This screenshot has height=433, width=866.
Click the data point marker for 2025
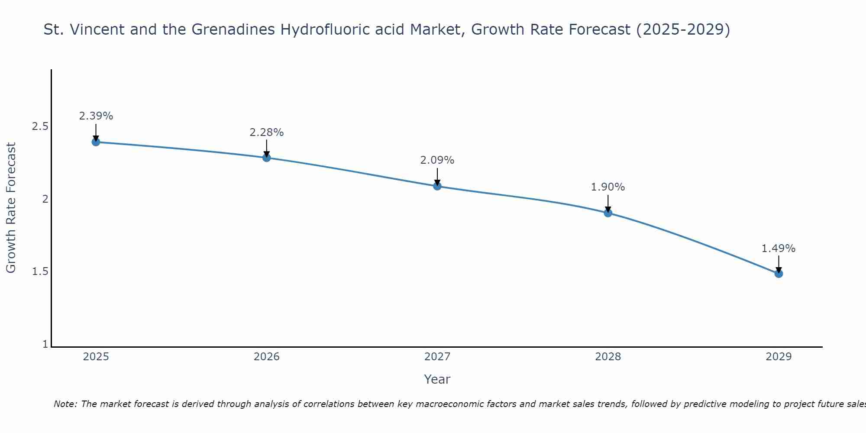click(96, 142)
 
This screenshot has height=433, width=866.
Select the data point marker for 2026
click(267, 158)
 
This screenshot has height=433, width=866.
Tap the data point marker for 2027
click(437, 186)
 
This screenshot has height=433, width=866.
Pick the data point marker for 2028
click(608, 213)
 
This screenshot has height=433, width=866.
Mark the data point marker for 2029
click(779, 274)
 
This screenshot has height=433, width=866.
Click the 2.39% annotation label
click(96, 116)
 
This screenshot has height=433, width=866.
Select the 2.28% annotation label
click(267, 132)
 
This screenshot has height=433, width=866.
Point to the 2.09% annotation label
click(437, 160)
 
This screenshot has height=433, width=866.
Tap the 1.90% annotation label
click(608, 187)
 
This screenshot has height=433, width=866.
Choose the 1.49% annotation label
click(779, 249)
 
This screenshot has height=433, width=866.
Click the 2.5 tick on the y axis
click(40, 126)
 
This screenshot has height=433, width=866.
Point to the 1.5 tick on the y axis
click(40, 271)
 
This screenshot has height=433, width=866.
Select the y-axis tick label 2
click(45, 199)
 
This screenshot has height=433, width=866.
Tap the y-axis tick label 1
click(45, 344)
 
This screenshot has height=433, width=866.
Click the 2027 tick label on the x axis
click(437, 357)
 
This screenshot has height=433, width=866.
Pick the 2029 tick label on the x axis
click(779, 357)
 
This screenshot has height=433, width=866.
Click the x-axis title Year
click(437, 379)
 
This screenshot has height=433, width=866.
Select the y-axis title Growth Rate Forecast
click(11, 208)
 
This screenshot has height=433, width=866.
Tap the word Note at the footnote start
click(65, 404)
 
